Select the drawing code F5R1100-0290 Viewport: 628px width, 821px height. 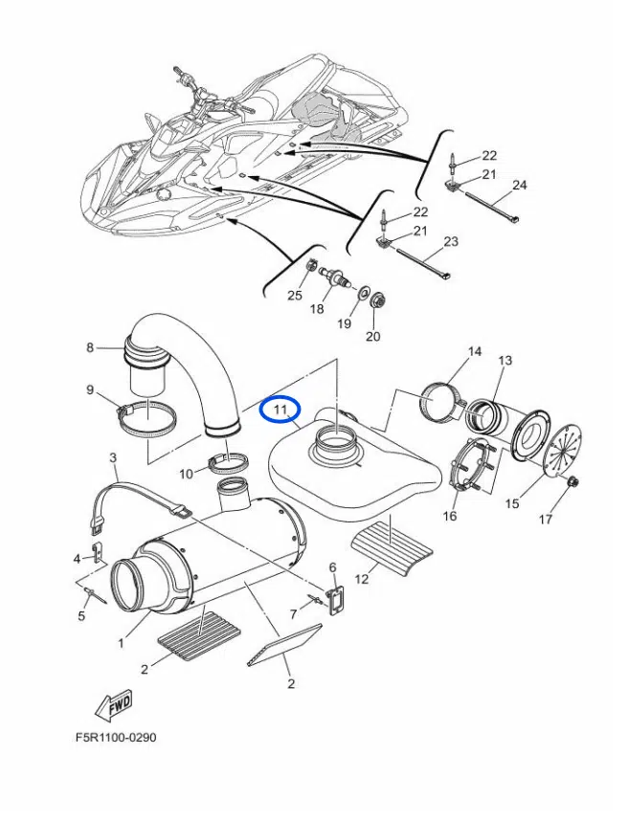115,738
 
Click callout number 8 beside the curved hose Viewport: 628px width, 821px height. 90,348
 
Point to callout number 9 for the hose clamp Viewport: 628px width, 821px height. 90,389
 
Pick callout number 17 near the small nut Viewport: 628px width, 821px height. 572,520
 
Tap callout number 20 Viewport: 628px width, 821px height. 373,336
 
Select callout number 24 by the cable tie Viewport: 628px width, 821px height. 520,184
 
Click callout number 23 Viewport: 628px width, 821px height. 451,242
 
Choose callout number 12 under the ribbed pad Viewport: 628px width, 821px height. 362,578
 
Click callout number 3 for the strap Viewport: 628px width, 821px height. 113,458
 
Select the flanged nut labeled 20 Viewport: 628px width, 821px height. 376,297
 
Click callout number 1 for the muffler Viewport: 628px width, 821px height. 122,643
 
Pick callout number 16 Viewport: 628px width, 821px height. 450,517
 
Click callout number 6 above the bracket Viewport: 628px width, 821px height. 333,567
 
